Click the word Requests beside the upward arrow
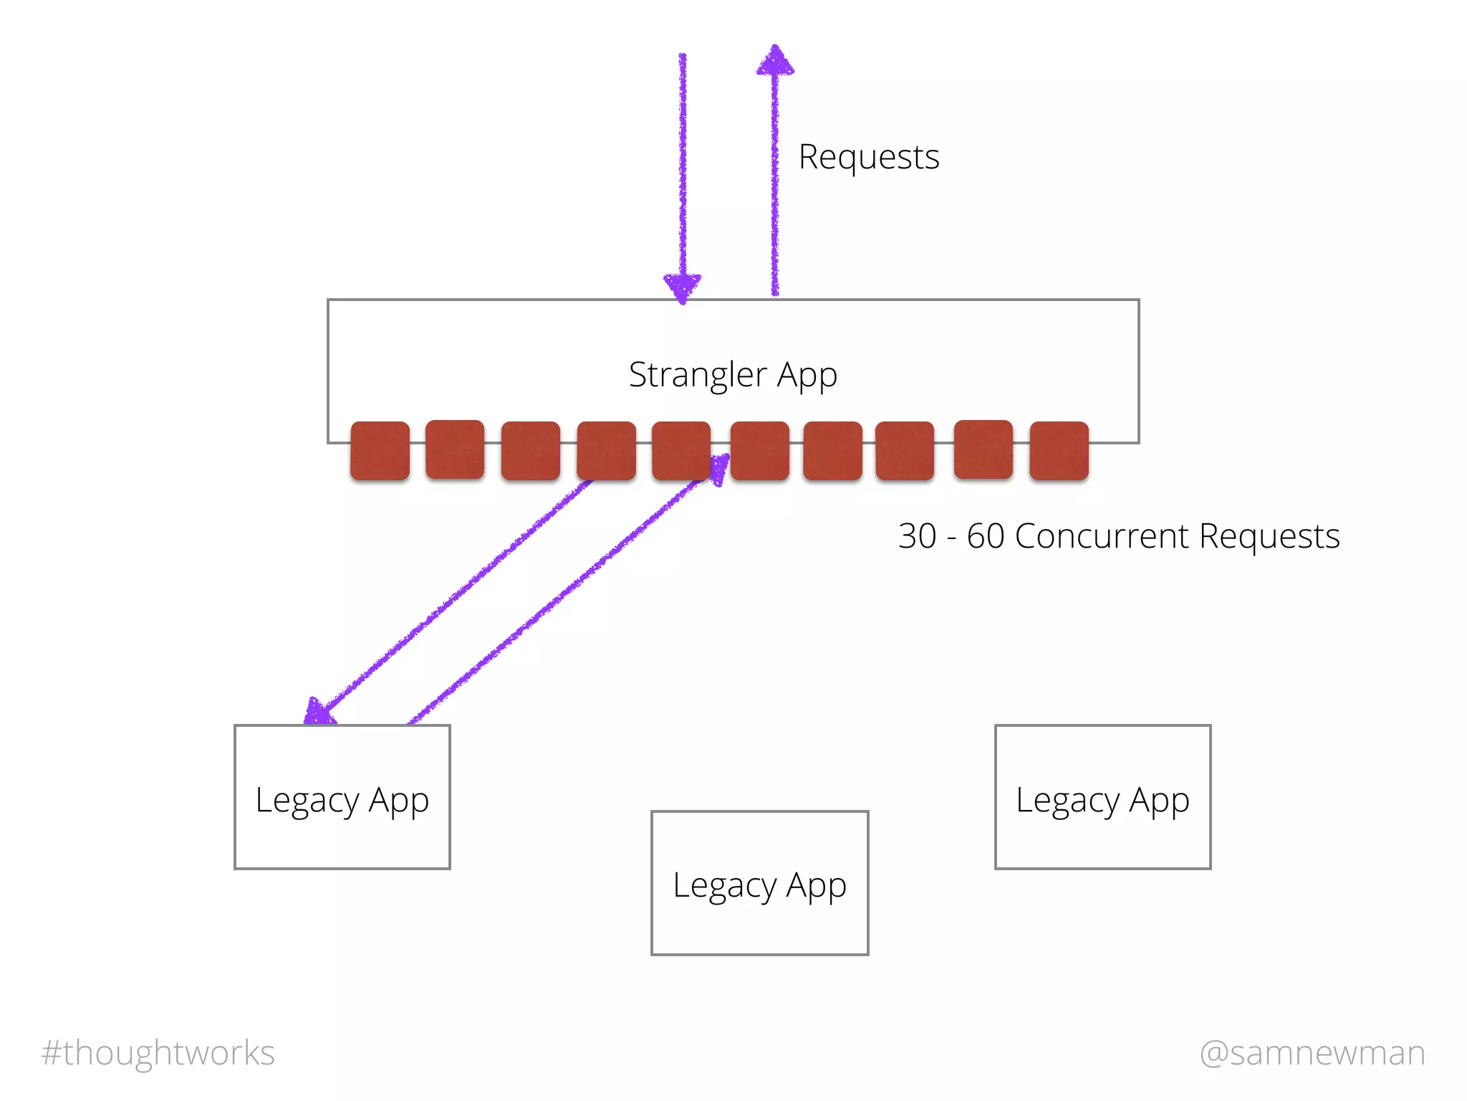pos(868,157)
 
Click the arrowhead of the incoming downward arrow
pos(683,287)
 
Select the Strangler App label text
pos(733,374)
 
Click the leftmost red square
pos(380,450)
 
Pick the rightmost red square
pos(1059,450)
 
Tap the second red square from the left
pos(455,449)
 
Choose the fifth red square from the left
pos(680,450)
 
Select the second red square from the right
pos(983,449)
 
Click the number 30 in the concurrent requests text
pos(917,536)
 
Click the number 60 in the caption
pos(986,536)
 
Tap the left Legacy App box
pos(342,797)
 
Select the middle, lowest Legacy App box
pos(759,883)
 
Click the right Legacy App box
pos(1102,797)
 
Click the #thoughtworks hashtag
pos(158,1053)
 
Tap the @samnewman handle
pos(1312,1053)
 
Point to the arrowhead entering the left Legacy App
pos(318,712)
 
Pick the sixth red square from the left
pos(759,450)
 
